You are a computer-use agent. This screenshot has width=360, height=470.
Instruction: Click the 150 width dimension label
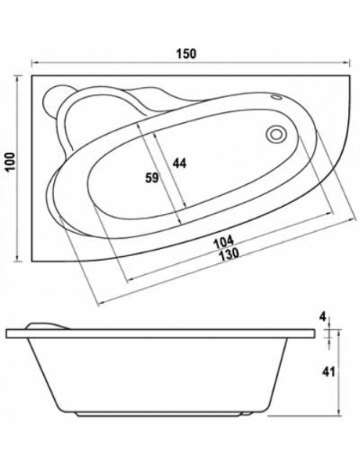pyautogui.click(x=185, y=53)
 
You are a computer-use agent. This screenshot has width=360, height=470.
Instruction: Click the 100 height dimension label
pyautogui.click(x=12, y=161)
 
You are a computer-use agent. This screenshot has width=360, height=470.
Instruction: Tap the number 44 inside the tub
pyautogui.click(x=179, y=164)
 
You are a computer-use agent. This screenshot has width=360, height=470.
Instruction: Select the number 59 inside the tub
pyautogui.click(x=152, y=178)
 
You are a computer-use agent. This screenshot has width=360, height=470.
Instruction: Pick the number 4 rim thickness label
pyautogui.click(x=322, y=317)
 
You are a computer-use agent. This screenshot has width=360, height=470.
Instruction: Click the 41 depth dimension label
pyautogui.click(x=328, y=371)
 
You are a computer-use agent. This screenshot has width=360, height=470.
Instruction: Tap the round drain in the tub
pyautogui.click(x=275, y=134)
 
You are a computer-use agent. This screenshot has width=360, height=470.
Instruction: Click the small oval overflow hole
pyautogui.click(x=276, y=97)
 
